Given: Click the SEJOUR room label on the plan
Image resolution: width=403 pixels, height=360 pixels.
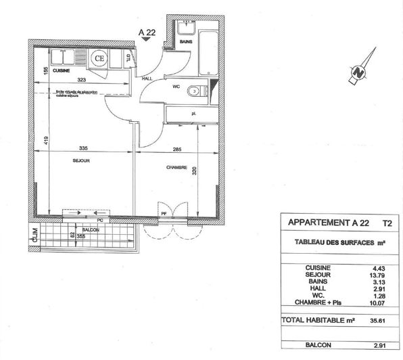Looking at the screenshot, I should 81,160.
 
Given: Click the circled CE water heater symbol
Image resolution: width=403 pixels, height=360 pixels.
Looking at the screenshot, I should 99,58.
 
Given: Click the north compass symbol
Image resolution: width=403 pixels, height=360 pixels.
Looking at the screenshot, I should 358,70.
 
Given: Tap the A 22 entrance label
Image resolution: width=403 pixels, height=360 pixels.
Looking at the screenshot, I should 147,30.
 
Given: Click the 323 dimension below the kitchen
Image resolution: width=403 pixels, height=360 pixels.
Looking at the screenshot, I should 82,81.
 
